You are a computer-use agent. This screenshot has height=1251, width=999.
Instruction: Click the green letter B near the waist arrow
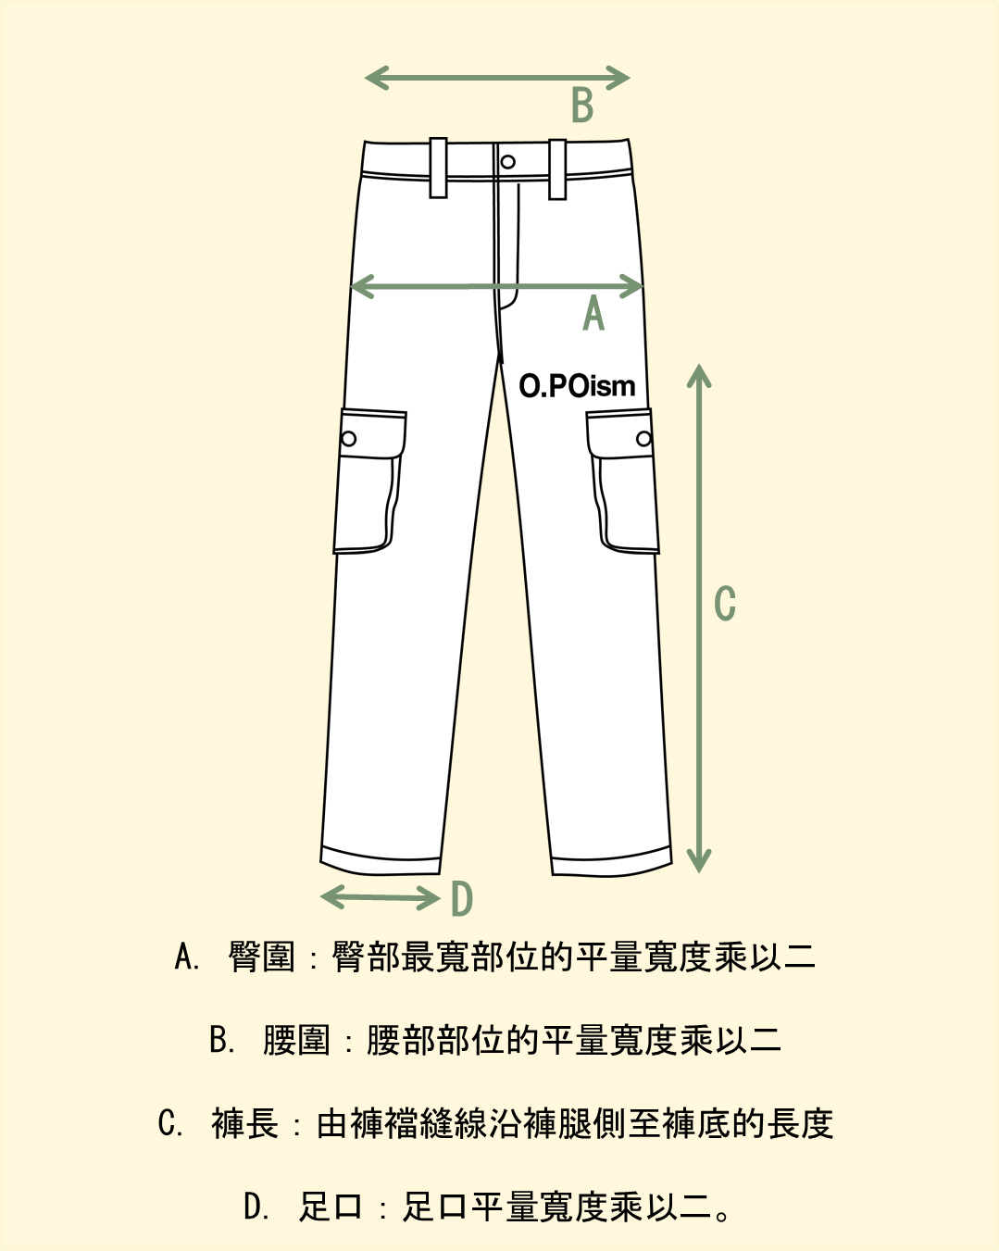click(x=582, y=105)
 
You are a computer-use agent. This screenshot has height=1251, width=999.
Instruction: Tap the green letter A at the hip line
click(x=593, y=313)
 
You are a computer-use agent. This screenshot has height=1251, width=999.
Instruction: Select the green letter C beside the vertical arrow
click(x=725, y=604)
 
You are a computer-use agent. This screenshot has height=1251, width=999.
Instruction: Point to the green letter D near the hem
click(x=462, y=899)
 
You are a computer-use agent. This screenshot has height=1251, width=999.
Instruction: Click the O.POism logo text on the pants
click(x=577, y=385)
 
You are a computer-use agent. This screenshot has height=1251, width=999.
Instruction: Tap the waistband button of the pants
click(x=507, y=162)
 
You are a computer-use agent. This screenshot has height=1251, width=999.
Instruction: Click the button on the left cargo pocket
click(x=349, y=438)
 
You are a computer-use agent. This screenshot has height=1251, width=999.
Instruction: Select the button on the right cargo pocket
click(x=643, y=439)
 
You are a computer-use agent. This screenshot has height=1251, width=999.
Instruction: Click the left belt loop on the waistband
click(x=438, y=168)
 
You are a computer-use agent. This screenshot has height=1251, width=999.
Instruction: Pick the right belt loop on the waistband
click(x=557, y=169)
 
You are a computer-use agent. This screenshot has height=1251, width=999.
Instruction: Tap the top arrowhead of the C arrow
click(x=699, y=375)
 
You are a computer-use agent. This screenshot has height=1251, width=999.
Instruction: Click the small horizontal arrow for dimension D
click(x=380, y=896)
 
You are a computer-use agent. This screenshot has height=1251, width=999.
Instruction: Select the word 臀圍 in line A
click(x=261, y=957)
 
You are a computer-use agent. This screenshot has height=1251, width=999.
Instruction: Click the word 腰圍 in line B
click(x=296, y=1040)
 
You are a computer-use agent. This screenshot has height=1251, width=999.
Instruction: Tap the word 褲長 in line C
click(x=244, y=1123)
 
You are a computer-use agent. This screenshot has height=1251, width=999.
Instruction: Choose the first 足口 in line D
click(x=330, y=1207)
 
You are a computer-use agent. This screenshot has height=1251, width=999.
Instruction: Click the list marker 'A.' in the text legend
click(x=187, y=957)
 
